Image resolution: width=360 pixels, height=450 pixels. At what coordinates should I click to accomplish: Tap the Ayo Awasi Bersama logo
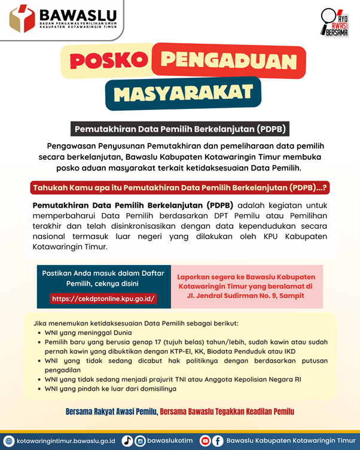[x=334, y=22]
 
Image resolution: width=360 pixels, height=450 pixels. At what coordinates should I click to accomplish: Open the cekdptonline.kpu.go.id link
[x=103, y=298]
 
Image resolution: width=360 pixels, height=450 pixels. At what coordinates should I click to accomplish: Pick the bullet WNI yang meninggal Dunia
[x=89, y=333]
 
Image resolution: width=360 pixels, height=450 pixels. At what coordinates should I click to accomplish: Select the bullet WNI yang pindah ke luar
[x=110, y=388]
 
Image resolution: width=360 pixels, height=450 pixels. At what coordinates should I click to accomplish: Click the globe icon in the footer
[x=9, y=440]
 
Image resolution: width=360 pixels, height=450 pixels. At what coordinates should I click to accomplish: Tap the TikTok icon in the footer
[x=127, y=440]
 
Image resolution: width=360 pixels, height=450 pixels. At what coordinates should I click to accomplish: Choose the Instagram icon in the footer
[x=141, y=440]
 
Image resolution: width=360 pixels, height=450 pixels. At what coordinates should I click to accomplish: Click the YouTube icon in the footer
[x=205, y=440]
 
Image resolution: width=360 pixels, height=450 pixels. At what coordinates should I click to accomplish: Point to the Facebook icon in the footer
[x=218, y=440]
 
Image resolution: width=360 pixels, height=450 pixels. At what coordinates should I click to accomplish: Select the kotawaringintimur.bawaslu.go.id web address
[x=65, y=440]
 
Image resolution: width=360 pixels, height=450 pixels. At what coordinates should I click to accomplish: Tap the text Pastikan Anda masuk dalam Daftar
[x=103, y=273]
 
